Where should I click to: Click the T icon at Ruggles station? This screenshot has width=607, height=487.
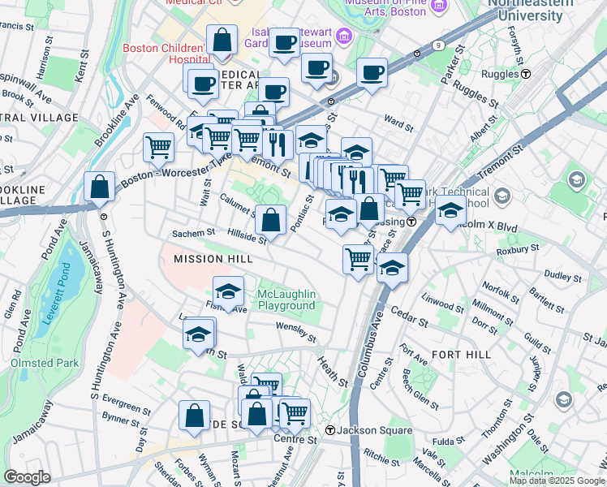pyautogui.click(x=526, y=74)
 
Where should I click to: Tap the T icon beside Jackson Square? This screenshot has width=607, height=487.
pyautogui.click(x=329, y=429)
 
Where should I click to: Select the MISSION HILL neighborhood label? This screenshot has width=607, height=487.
pyautogui.click(x=209, y=259)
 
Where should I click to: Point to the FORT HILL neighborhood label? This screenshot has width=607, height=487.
pyautogui.click(x=461, y=355)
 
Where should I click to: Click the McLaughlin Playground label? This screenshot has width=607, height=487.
pyautogui.click(x=286, y=300)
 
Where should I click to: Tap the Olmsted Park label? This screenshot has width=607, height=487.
pyautogui.click(x=45, y=363)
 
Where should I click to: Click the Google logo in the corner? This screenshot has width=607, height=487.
pyautogui.click(x=26, y=477)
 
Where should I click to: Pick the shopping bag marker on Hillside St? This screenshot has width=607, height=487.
pyautogui.click(x=271, y=219)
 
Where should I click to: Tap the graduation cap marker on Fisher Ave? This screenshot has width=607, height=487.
pyautogui.click(x=229, y=291)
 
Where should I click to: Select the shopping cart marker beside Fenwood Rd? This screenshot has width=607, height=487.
pyautogui.click(x=159, y=148)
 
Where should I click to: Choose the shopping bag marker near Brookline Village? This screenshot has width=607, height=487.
pyautogui.click(x=99, y=187)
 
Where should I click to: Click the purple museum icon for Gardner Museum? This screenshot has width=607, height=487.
pyautogui.click(x=343, y=37)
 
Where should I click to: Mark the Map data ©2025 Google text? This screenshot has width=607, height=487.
pyautogui.click(x=556, y=481)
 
